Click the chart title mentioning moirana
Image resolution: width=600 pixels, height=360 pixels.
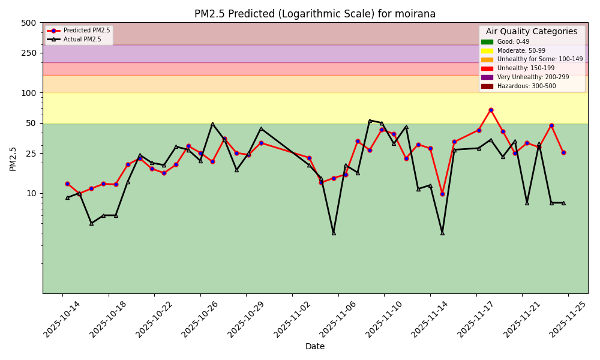[x=315, y=14]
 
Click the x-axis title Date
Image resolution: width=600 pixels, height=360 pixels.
[x=315, y=346]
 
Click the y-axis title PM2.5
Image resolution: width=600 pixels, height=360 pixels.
[x=13, y=158]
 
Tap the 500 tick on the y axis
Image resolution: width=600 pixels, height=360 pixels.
[x=29, y=23]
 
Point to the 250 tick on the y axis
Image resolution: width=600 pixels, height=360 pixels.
[x=29, y=53]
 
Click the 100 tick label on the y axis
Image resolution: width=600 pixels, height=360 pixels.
[x=29, y=93]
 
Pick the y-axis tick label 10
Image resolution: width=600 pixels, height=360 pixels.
[x=31, y=193]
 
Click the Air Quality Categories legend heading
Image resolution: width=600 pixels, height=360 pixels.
[x=532, y=32]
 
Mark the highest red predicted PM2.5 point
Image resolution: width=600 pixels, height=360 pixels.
[x=491, y=110]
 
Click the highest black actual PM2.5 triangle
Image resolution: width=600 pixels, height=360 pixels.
[x=370, y=121]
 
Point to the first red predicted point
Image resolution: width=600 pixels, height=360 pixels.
[x=67, y=184]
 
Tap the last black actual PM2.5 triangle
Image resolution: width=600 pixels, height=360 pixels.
[x=563, y=203]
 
